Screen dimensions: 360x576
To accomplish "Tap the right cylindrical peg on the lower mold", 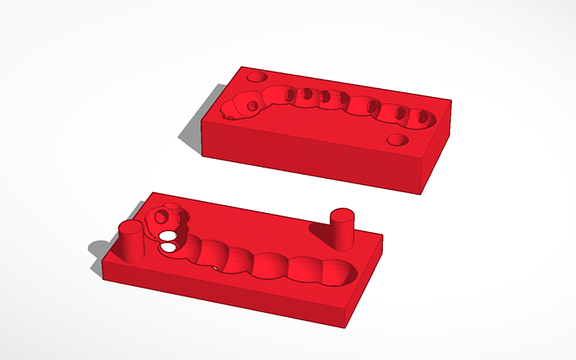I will pos(341,230).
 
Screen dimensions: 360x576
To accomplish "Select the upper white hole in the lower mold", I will pos(168,235).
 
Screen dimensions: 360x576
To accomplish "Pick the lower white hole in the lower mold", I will pos(168,248).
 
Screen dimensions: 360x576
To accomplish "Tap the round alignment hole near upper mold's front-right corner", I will pos(398,141).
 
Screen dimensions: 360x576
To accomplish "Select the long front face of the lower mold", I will pos(222,294).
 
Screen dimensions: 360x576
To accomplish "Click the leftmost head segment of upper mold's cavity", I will pos(237,106).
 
